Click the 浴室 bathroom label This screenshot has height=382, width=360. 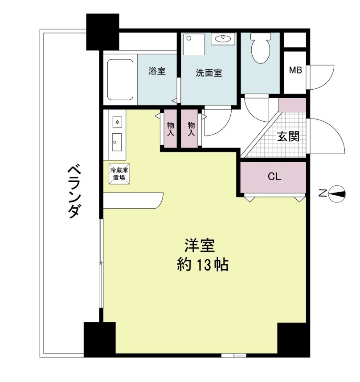tap(157, 71)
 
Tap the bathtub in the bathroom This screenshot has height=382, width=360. tap(120, 79)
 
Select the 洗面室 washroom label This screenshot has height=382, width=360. tap(209, 73)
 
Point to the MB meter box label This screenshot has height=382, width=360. tap(295, 70)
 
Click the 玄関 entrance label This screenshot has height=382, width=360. tap(288, 136)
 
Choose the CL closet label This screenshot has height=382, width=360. tap(274, 177)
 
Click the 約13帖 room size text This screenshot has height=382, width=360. tap(203, 265)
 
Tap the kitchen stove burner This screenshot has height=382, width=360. tap(117, 121)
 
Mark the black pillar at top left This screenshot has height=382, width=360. tap(102, 31)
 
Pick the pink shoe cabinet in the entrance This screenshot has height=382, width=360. tap(292, 105)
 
